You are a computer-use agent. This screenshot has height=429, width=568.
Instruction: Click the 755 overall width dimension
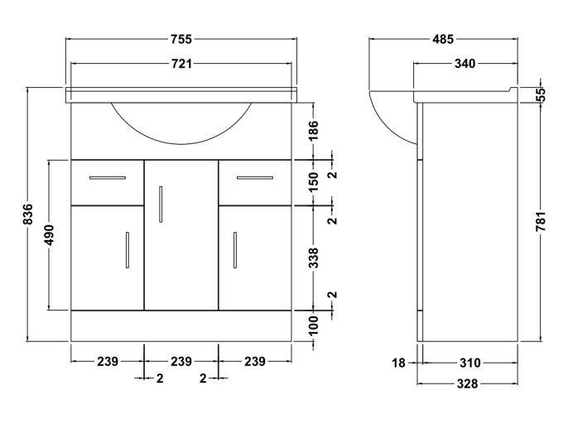(181, 39)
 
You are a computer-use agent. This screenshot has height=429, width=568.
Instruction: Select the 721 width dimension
(181, 63)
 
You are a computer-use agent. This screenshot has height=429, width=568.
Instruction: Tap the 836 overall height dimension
(27, 214)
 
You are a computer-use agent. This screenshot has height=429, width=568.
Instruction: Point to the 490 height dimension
(50, 235)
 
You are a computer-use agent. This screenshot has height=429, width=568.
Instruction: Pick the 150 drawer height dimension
(314, 181)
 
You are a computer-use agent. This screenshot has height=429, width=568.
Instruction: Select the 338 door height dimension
(314, 258)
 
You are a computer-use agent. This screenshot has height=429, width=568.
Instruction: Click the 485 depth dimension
(442, 39)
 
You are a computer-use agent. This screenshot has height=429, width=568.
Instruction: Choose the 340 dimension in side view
(464, 63)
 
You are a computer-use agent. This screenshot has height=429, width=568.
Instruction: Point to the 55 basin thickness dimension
(542, 94)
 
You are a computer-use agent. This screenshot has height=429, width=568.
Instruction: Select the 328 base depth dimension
(468, 383)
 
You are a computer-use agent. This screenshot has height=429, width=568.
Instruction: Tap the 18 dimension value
(400, 362)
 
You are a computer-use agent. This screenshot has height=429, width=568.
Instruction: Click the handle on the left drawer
(108, 177)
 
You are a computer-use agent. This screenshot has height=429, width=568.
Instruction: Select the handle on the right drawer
(255, 177)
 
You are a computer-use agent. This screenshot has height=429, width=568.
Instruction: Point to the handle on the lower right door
(235, 249)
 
